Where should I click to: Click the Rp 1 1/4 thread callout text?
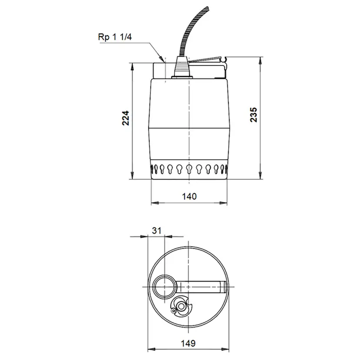click(x=115, y=37)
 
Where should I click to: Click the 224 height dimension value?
click(x=126, y=118)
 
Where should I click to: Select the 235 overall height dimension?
click(x=254, y=115)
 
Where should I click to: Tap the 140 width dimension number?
click(x=190, y=196)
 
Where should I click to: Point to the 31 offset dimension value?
click(x=157, y=230)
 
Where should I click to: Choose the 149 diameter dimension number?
click(x=188, y=343)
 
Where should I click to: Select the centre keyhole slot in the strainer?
click(x=189, y=169)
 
